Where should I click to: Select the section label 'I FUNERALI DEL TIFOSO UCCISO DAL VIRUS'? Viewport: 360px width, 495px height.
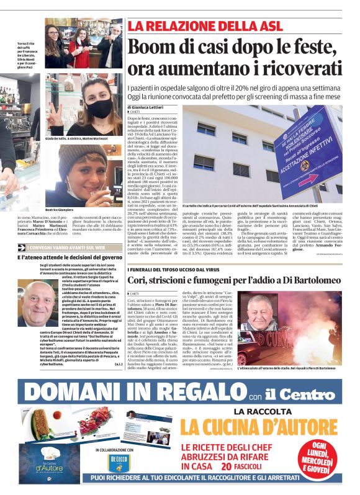click(171, 287)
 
